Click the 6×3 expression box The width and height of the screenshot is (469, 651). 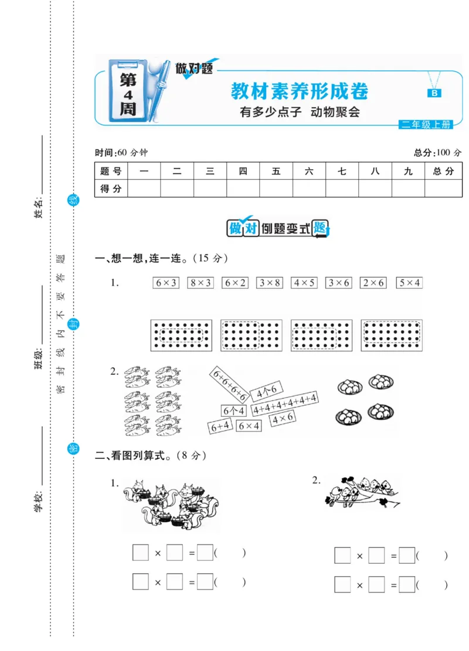pos(166,283)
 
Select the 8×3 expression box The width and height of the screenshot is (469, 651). pos(200,283)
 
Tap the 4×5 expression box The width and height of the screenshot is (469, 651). pos(305,283)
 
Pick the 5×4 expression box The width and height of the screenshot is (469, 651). pos(409,283)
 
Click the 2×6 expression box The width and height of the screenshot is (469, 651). pos(374,283)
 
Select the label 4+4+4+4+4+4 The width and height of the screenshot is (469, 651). pos(285,405)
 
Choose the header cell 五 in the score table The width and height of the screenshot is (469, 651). pos(276,172)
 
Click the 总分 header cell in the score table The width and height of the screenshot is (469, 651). pos(443,172)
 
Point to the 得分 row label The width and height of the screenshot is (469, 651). pos(111,189)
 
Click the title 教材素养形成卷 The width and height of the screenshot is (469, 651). pos(300,91)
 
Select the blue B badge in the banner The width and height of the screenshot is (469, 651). pos(435,93)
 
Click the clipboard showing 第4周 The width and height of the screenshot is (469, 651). pos(128,92)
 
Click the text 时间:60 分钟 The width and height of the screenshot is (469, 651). pos(121,153)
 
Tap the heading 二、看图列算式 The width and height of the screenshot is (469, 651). pos(151,454)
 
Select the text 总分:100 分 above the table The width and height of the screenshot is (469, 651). pos(437,153)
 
